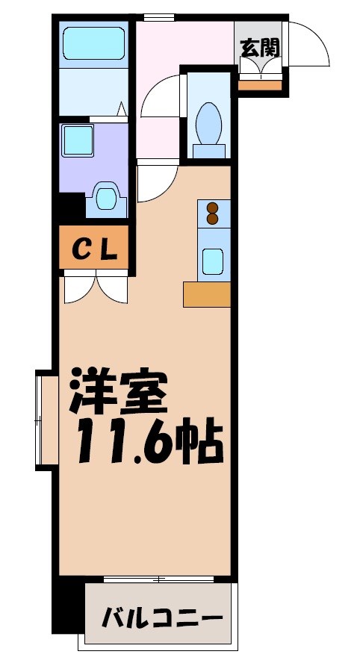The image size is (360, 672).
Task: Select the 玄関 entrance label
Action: tap(259, 48)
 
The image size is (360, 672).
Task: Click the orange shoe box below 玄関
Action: tap(259, 84)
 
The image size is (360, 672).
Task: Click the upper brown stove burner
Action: tap(212, 208)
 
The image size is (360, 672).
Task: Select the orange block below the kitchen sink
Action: tap(207, 294)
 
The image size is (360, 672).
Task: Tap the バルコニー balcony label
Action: tap(162, 618)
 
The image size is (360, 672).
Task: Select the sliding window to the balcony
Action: tap(158, 579)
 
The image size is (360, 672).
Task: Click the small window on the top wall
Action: tap(158, 17)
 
